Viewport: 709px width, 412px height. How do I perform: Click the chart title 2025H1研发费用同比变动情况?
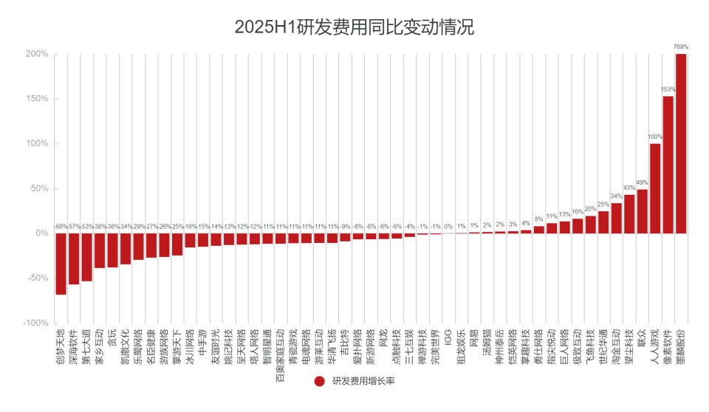[354, 27]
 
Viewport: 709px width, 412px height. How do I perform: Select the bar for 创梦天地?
[61, 264]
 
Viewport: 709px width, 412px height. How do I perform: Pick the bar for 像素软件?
[668, 165]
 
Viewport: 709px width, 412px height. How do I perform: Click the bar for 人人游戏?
[655, 188]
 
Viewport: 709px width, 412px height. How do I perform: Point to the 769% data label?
[681, 47]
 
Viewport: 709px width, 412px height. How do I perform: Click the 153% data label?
[668, 89]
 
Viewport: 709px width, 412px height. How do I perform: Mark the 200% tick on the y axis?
[37, 54]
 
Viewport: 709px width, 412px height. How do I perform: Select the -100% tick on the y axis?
[35, 323]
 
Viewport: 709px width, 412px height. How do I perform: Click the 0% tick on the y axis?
[41, 233]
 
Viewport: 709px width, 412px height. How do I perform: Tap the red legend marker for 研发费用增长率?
[319, 381]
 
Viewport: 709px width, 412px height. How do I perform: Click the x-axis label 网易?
[474, 337]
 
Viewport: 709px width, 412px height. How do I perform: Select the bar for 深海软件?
[74, 258]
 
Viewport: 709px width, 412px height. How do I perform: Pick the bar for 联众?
[642, 211]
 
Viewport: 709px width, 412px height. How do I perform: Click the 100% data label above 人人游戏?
[655, 137]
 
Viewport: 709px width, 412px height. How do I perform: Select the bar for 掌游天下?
[177, 244]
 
